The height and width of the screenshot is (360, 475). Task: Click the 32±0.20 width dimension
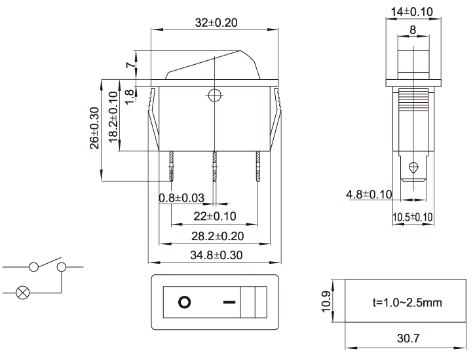[x=216, y=22]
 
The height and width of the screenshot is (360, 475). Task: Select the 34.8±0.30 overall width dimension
[x=216, y=255]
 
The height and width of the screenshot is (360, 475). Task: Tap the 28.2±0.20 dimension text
[x=216, y=235]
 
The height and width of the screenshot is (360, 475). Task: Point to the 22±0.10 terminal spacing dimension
[x=215, y=216]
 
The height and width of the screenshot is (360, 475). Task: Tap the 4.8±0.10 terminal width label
[x=369, y=194]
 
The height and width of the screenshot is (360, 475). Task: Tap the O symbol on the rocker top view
[x=185, y=302]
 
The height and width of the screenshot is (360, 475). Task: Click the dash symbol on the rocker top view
[x=228, y=302]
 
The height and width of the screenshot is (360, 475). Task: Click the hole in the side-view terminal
[x=412, y=166]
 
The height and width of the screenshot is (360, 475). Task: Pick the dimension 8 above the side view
[x=411, y=29]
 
